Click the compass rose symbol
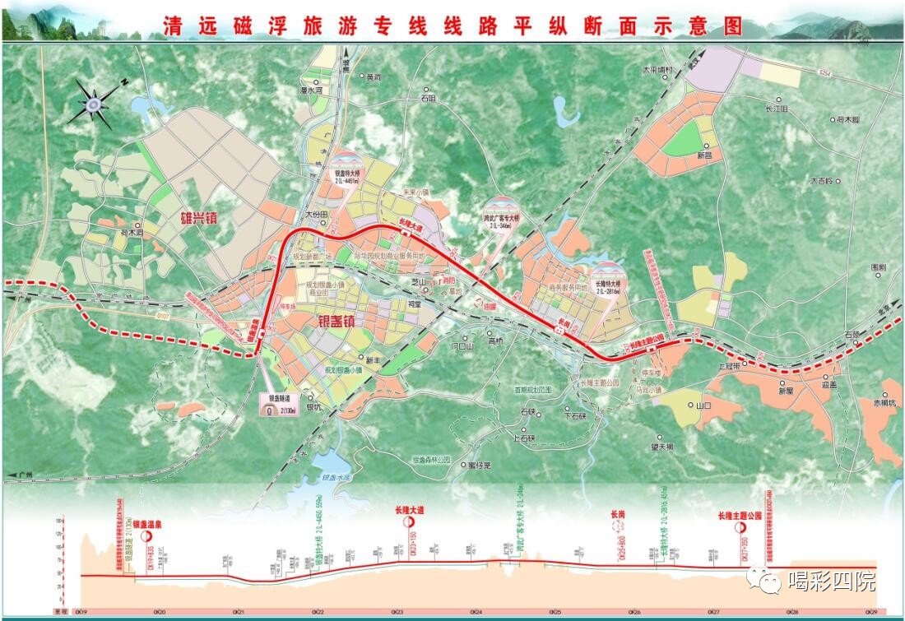click(x=93, y=102)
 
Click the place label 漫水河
click(x=313, y=91)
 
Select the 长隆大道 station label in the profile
click(x=408, y=511)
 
